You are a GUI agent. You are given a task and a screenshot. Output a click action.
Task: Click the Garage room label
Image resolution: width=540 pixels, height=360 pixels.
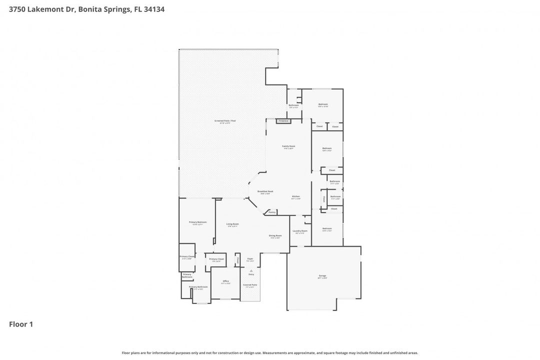[x=322, y=275]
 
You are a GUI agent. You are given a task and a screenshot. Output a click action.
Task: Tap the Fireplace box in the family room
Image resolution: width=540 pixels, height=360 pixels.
[x=283, y=121]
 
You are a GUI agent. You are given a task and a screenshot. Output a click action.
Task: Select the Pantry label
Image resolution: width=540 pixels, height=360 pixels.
[x=272, y=212]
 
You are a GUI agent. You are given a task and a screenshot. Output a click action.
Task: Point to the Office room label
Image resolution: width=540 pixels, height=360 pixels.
[x=225, y=281]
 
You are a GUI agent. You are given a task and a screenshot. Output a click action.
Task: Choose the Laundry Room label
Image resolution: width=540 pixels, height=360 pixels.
[x=300, y=231]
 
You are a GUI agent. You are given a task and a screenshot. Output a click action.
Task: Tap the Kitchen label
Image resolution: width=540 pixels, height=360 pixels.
[x=296, y=196]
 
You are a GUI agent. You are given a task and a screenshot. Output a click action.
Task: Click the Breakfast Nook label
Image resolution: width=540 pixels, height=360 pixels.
[x=265, y=191]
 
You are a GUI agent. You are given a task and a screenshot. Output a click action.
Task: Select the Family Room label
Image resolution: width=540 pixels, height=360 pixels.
[x=288, y=146]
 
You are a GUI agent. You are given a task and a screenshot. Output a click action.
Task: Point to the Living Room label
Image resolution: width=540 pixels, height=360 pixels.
[x=232, y=224]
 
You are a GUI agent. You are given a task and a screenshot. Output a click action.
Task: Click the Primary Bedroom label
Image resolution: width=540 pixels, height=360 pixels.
[x=197, y=222]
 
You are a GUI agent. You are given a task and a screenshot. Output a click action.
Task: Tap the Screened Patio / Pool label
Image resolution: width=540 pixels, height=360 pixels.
[x=225, y=121]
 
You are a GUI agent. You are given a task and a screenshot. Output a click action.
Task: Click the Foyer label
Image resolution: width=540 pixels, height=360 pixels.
[x=250, y=259]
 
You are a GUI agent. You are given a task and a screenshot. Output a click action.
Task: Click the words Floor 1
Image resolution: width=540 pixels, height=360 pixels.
[x=21, y=324]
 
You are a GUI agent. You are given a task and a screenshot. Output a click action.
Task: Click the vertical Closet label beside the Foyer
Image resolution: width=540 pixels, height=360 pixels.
[x=238, y=259]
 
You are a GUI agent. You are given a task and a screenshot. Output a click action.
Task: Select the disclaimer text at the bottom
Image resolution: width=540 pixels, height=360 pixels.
[x=270, y=352]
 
